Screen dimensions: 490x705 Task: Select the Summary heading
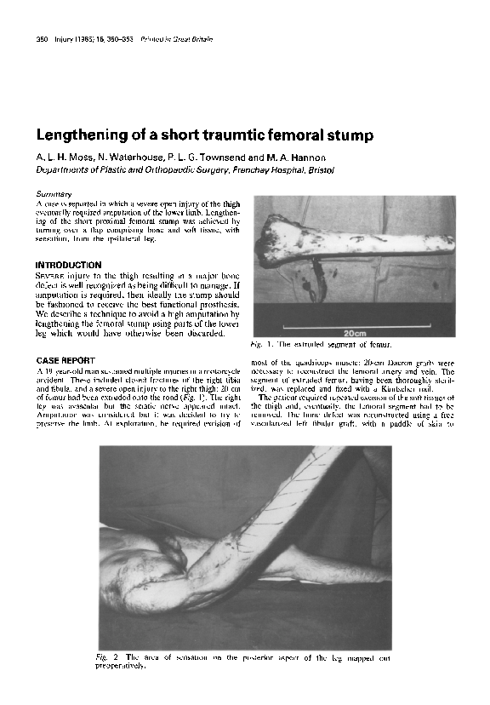[x=53, y=195]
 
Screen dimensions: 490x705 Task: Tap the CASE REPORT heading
[x=65, y=362]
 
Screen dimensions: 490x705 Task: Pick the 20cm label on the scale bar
[x=354, y=334]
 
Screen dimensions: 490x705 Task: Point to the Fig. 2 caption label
[x=108, y=657]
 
